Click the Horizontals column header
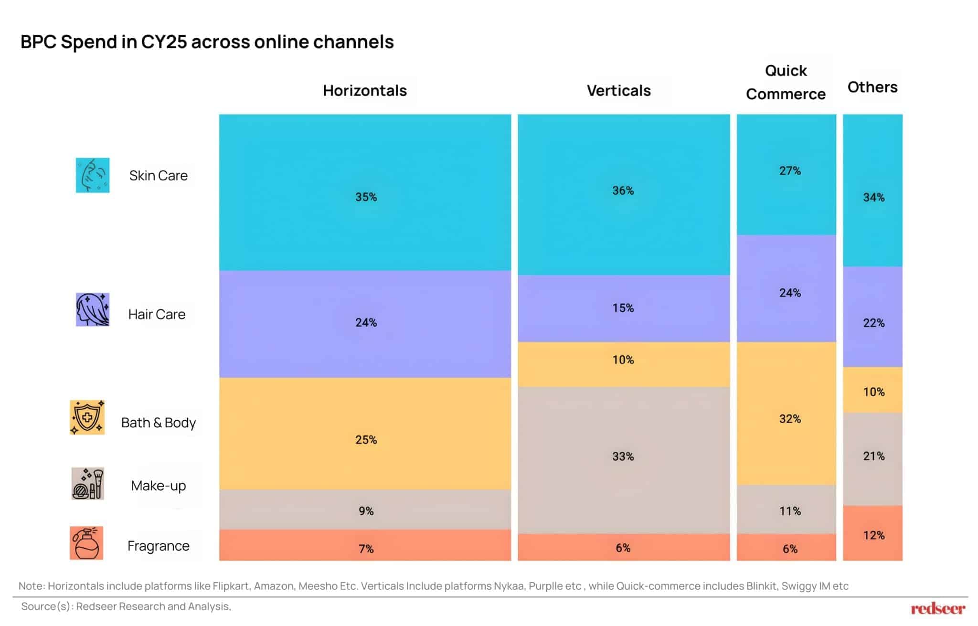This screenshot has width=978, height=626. coord(365,90)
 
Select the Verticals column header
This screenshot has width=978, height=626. coord(618,90)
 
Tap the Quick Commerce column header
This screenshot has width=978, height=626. coord(786,82)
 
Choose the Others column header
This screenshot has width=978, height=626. coord(872,87)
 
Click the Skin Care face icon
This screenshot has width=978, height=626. coord(93,175)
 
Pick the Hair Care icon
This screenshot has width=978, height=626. coord(93,309)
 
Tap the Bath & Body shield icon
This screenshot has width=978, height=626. coord(87,417)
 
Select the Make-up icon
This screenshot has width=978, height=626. coord(87,484)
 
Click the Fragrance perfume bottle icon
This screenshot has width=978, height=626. coord(86,543)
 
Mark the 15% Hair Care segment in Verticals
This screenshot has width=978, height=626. coord(623,308)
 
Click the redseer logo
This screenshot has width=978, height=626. coord(937,609)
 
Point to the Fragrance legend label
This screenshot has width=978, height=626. coord(159,546)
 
